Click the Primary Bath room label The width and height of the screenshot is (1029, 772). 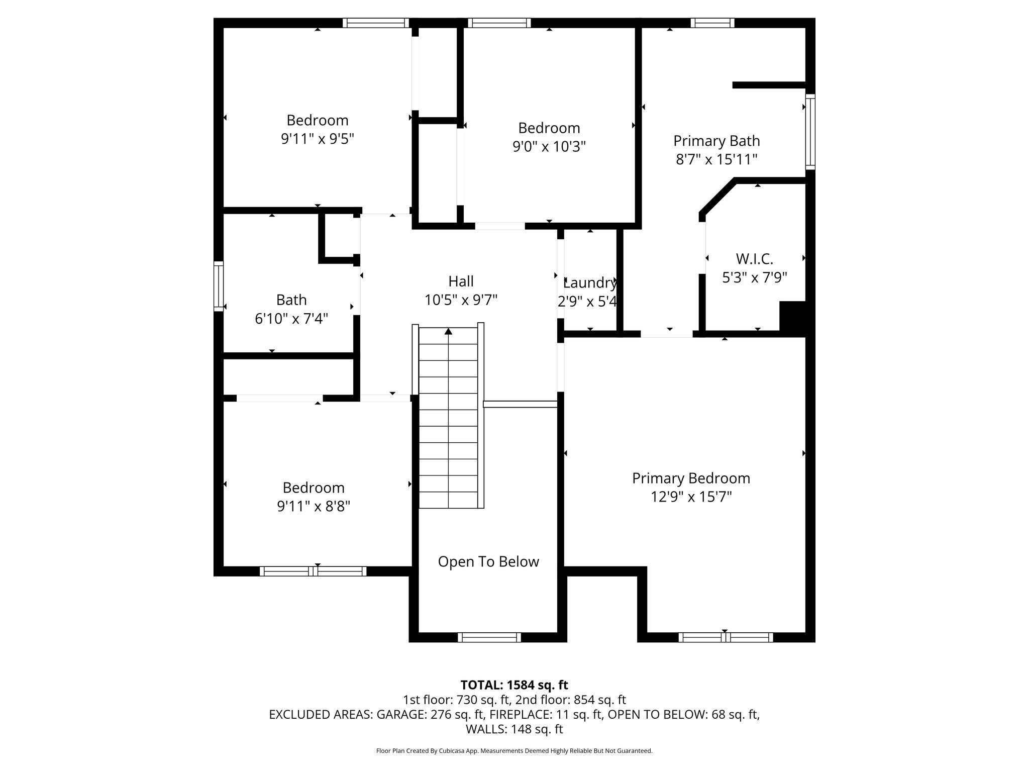pyautogui.click(x=716, y=141)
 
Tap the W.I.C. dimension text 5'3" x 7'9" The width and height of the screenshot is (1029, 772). pyautogui.click(x=754, y=277)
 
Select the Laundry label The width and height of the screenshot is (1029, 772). pyautogui.click(x=589, y=283)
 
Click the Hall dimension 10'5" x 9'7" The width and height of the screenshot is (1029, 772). pyautogui.click(x=461, y=300)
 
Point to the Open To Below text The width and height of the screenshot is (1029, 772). pyautogui.click(x=488, y=561)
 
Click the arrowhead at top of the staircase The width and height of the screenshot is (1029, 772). pyautogui.click(x=448, y=331)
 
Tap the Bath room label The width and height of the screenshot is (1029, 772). pyautogui.click(x=291, y=300)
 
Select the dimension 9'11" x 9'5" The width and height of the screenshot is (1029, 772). pyautogui.click(x=318, y=139)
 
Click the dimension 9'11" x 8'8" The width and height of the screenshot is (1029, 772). pyautogui.click(x=314, y=506)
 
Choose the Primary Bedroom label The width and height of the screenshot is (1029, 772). pyautogui.click(x=691, y=478)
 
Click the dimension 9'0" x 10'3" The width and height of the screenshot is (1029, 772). pyautogui.click(x=549, y=146)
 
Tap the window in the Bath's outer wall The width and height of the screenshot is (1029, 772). pyautogui.click(x=218, y=286)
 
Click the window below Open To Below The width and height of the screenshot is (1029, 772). pyautogui.click(x=489, y=637)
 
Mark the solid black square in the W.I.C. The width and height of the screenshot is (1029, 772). pyautogui.click(x=792, y=316)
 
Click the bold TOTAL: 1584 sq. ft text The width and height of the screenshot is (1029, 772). pyautogui.click(x=514, y=685)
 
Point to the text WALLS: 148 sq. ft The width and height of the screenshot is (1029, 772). pyautogui.click(x=514, y=729)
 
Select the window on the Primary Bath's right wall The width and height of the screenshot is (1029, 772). pyautogui.click(x=810, y=131)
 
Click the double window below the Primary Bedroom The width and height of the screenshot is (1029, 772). pyautogui.click(x=726, y=637)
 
